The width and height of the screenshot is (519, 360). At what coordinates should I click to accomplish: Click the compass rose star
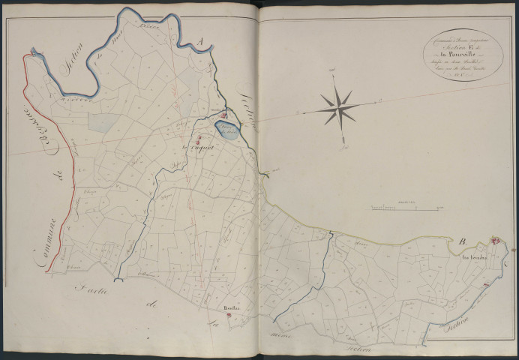pos(337,106)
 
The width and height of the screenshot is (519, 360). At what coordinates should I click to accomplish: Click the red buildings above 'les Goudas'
pos(496,239)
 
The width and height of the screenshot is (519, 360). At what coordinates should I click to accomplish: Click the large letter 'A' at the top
pos(199,42)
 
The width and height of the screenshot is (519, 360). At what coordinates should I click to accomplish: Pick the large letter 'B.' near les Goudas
pos(463,241)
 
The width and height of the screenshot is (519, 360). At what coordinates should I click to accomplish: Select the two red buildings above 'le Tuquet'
pos(199,139)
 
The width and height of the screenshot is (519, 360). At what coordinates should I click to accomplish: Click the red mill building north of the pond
pos(223,115)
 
